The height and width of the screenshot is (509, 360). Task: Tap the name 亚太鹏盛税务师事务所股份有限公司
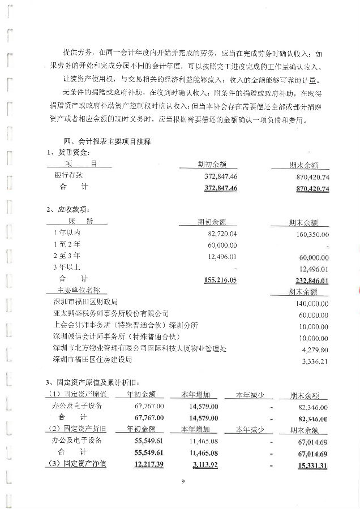[x=110, y=314]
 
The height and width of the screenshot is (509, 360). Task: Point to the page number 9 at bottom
[x=183, y=482]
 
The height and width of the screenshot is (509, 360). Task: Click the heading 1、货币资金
[x=68, y=152]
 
